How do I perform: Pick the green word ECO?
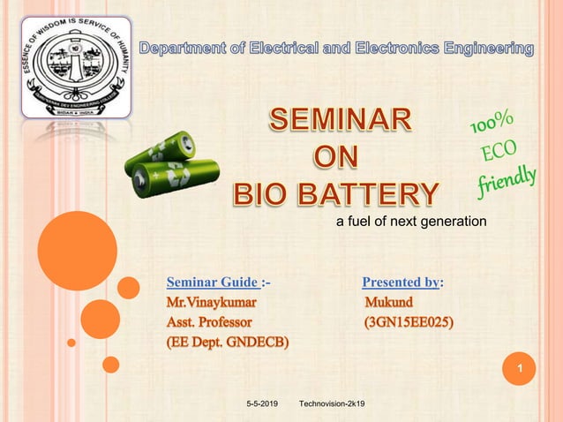coord(499,154)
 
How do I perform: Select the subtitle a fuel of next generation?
coord(411,221)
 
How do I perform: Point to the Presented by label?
coord(402,283)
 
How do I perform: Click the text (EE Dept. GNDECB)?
coord(228,342)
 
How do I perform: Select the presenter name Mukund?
coord(389,303)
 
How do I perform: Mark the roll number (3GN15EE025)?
coord(410,322)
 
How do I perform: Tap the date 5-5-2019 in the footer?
coord(261,404)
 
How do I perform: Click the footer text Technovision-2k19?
coord(333,404)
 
